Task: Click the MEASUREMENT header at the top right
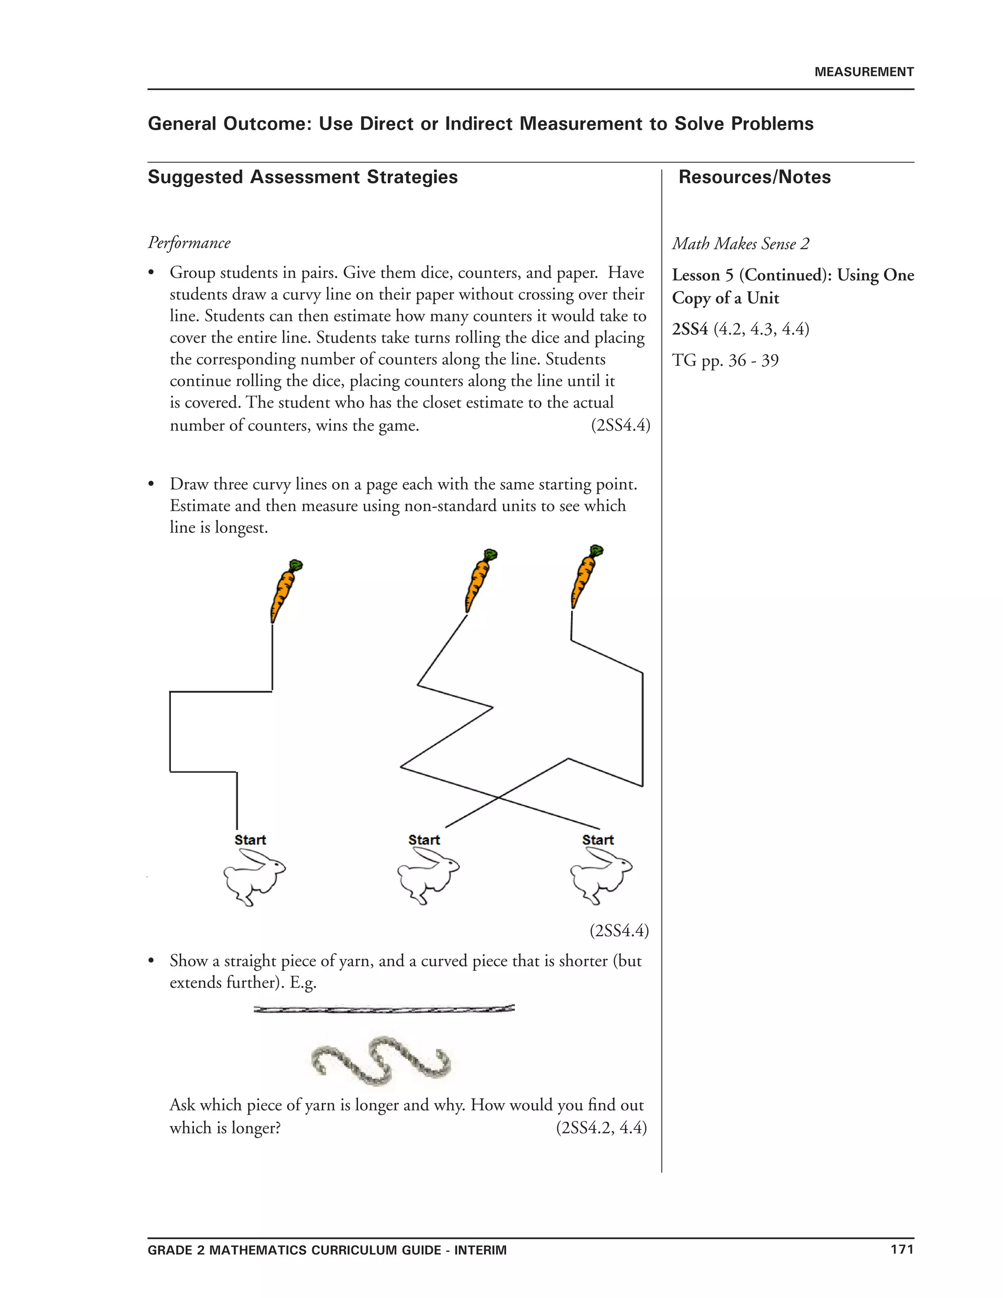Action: (863, 72)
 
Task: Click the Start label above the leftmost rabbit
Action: (250, 840)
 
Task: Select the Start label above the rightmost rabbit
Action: (597, 840)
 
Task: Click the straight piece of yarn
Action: (384, 1009)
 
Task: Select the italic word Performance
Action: (189, 242)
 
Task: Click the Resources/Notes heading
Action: (754, 177)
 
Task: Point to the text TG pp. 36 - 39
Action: (724, 360)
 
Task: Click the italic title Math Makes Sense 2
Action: (740, 243)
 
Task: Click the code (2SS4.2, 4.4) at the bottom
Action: (601, 1128)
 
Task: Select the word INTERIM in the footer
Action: (480, 1250)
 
